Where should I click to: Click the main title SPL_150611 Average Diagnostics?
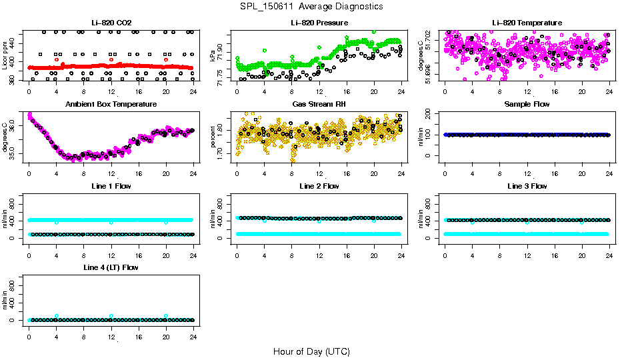312,6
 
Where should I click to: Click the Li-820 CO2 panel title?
111,23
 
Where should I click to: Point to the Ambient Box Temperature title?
111,104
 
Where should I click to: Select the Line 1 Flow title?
111,186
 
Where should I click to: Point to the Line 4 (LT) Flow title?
111,267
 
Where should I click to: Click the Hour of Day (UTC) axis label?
311,351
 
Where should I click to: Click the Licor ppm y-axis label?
5,56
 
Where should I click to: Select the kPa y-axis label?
213,56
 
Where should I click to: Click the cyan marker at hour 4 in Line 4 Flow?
57,316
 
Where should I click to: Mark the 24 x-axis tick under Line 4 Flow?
193,331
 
